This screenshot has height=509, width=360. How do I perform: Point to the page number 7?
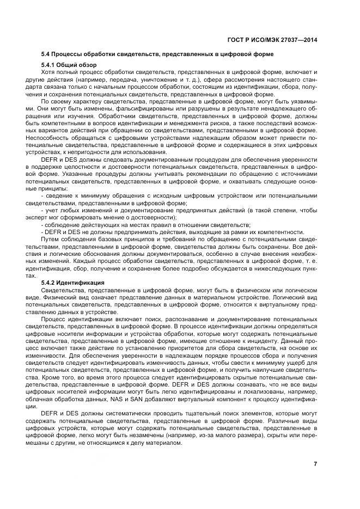tap(316, 464)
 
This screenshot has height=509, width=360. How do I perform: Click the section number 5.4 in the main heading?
tap(46, 54)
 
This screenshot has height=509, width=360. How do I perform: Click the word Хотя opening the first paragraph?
tap(48, 72)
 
